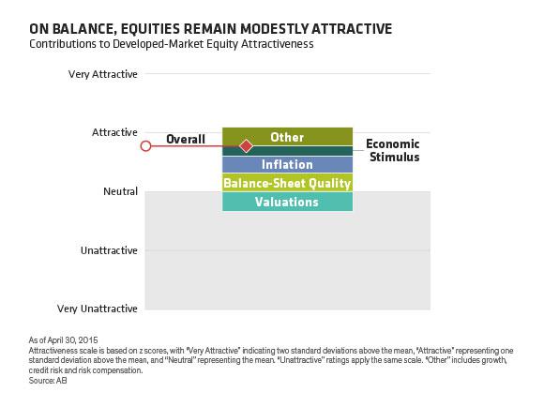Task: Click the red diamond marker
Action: click(246, 146)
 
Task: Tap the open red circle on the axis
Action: click(145, 146)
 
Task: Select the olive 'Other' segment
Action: click(287, 136)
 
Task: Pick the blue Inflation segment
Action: click(287, 164)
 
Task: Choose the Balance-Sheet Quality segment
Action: click(287, 183)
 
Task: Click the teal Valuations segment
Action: click(287, 202)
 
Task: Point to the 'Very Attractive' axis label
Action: click(103, 74)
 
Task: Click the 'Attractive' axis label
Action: click(114, 132)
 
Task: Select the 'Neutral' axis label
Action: click(120, 191)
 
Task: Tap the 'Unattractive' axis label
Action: click(109, 250)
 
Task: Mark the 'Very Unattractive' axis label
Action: click(98, 309)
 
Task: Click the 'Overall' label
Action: click(186, 139)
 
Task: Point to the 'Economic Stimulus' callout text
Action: click(393, 150)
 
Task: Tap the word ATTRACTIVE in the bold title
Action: click(352, 29)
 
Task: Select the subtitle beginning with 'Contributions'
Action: click(172, 44)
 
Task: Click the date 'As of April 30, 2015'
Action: click(63, 340)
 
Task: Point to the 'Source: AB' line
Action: click(48, 381)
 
